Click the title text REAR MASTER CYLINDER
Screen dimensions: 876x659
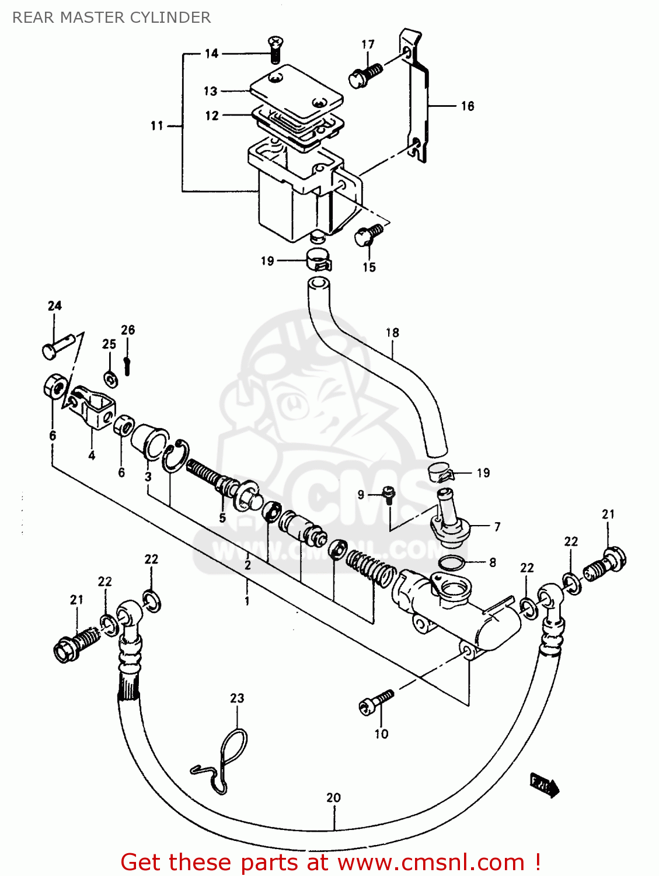[111, 18]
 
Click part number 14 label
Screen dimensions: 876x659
[211, 54]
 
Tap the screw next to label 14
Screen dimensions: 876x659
[274, 49]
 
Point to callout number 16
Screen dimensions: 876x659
[468, 106]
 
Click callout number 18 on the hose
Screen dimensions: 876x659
[392, 333]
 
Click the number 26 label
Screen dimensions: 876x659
[128, 330]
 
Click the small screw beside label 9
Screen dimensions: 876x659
[388, 493]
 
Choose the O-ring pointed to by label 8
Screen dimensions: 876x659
[451, 563]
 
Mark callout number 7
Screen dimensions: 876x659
[497, 527]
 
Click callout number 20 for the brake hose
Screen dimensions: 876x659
[333, 798]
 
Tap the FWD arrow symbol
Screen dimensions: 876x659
[544, 784]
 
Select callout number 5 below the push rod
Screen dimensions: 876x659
[222, 518]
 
